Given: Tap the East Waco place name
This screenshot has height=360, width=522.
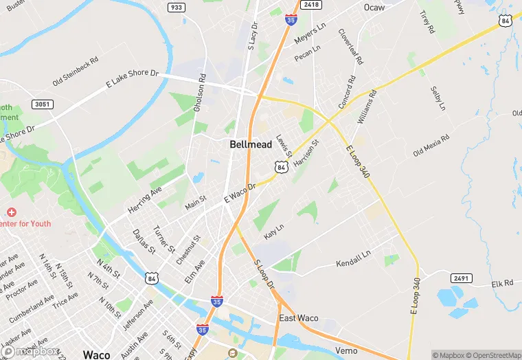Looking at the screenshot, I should point(299,318).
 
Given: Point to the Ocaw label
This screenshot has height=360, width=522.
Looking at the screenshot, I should point(374,7).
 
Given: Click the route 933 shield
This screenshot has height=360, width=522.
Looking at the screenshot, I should point(175,7).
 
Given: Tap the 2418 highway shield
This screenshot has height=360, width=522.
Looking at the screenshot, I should point(311,4).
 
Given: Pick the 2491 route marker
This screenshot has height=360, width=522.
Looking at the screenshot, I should point(461,278).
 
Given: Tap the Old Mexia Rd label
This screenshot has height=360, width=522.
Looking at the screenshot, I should point(431,145).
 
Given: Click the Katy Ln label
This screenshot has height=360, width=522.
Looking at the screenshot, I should point(274,230).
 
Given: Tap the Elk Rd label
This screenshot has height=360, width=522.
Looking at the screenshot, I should point(503,283).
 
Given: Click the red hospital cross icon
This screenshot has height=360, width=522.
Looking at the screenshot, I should point(10,212).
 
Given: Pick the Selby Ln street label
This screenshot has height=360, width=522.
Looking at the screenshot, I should point(438,98).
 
